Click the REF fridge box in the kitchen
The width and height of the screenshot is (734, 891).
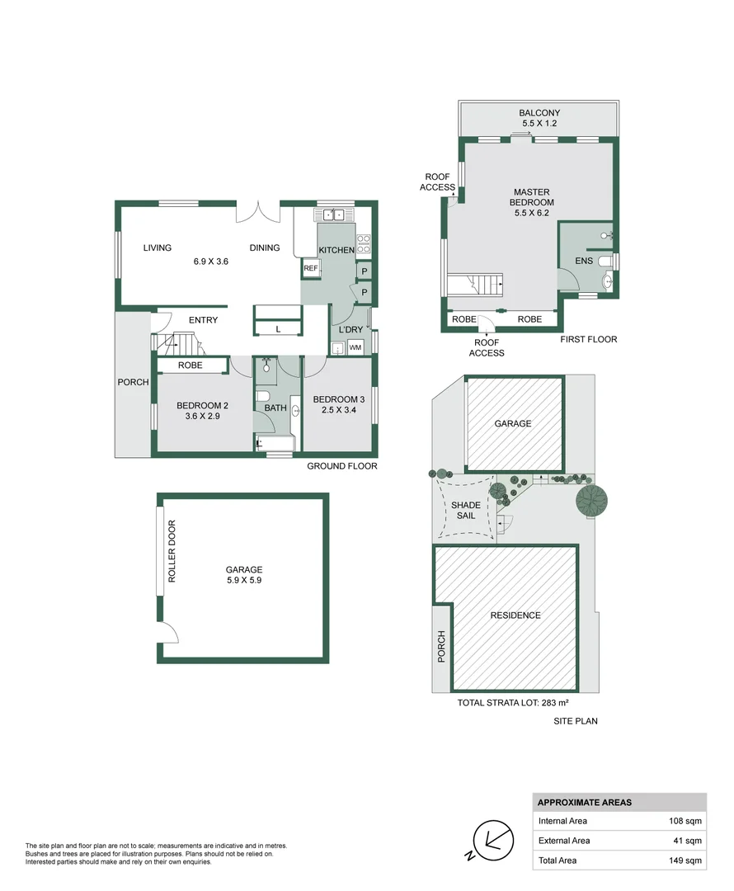coord(310,268)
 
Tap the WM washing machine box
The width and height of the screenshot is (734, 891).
coord(355,348)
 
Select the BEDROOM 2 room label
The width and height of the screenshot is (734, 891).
coord(202,405)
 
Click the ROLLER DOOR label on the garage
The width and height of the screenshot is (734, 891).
coord(172,552)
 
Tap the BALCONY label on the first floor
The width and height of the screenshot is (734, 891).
coord(539,113)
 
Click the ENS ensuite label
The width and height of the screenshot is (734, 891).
coord(583,262)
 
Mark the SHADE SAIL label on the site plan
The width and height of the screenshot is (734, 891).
coord(466,510)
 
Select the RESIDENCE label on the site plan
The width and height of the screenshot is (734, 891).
coord(515,615)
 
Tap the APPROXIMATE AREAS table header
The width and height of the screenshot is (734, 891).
coord(585,803)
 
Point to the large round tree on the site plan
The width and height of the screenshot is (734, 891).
coord(591,500)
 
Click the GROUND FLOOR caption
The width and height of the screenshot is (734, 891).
coord(341,466)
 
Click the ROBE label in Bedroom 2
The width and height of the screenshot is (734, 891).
coord(191,365)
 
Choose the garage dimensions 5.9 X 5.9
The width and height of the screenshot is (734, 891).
coord(244,580)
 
